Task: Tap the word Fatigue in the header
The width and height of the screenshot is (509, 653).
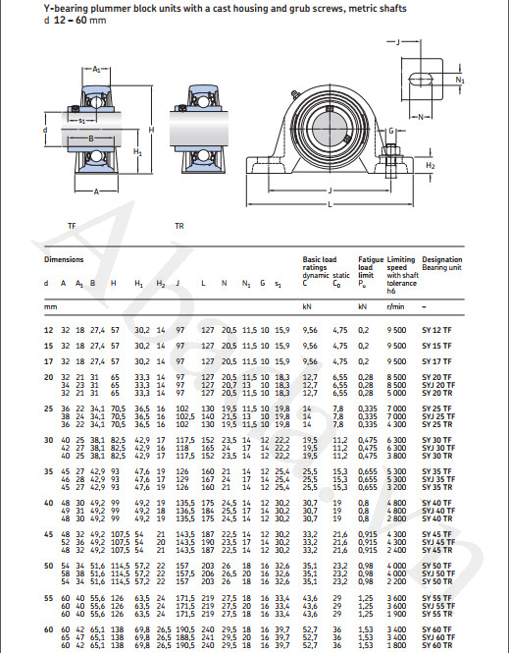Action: (x=370, y=260)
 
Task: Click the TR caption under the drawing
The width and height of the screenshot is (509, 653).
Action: (x=179, y=226)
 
